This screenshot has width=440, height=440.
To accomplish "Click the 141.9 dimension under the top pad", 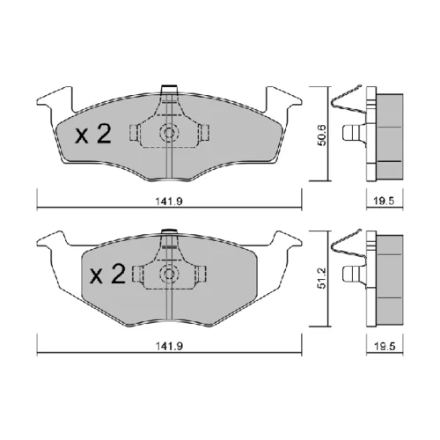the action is (169, 202).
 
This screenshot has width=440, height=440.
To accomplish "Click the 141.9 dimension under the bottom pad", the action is (169, 346).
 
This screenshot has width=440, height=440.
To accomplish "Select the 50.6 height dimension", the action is (322, 135).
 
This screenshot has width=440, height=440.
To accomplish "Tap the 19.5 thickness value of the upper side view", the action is (385, 202).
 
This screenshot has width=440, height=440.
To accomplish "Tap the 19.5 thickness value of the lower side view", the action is (385, 346).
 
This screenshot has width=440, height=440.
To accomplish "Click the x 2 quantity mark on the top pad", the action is (93, 134).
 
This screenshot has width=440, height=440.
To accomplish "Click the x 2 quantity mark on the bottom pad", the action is (107, 274).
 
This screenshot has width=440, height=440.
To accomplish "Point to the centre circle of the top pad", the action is (169, 133).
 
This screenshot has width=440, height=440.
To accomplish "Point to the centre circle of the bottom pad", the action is (169, 274).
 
